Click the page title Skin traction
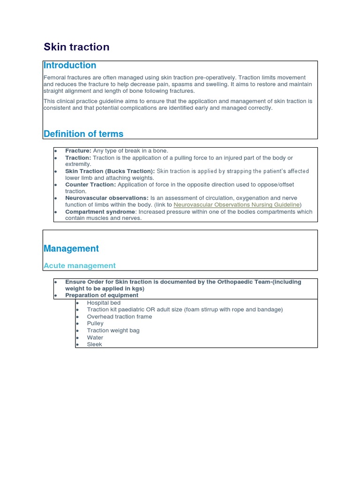tap(76, 47)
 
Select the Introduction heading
tap(70, 66)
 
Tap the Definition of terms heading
tap(83, 134)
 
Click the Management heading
tap(71, 249)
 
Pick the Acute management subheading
tap(80, 266)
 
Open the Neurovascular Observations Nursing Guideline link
tap(236, 205)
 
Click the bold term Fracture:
tap(78, 151)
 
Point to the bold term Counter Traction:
tap(90, 185)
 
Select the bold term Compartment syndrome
tap(100, 212)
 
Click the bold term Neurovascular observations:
tap(107, 198)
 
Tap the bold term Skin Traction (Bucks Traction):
tap(110, 171)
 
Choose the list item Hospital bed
tap(104, 303)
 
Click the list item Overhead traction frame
tap(120, 317)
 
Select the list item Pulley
tap(95, 323)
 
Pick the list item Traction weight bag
tap(113, 330)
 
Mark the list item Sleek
tap(94, 345)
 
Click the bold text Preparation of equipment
tap(102, 295)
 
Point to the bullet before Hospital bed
tap(77, 303)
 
